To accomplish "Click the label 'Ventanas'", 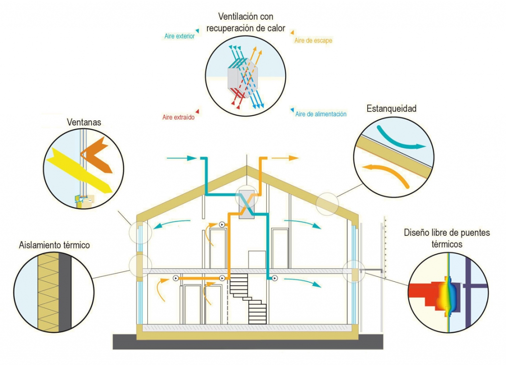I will tap(84, 121).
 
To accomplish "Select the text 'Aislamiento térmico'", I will tap(54, 245).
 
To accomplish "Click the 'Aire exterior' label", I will tap(179, 36).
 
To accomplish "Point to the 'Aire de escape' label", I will tap(313, 41).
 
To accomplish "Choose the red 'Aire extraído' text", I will tap(178, 118).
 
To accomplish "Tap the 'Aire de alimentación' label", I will tap(321, 114).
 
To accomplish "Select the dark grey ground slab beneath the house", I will tap(247, 342).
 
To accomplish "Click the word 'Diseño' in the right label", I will tap(416, 232).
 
